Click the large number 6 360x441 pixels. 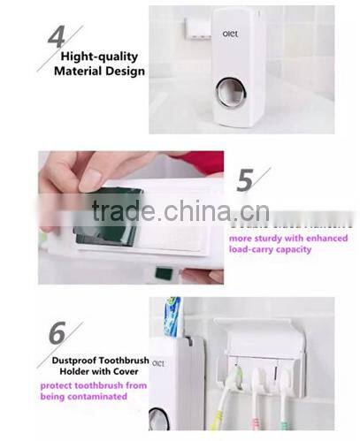pos(57,335)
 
